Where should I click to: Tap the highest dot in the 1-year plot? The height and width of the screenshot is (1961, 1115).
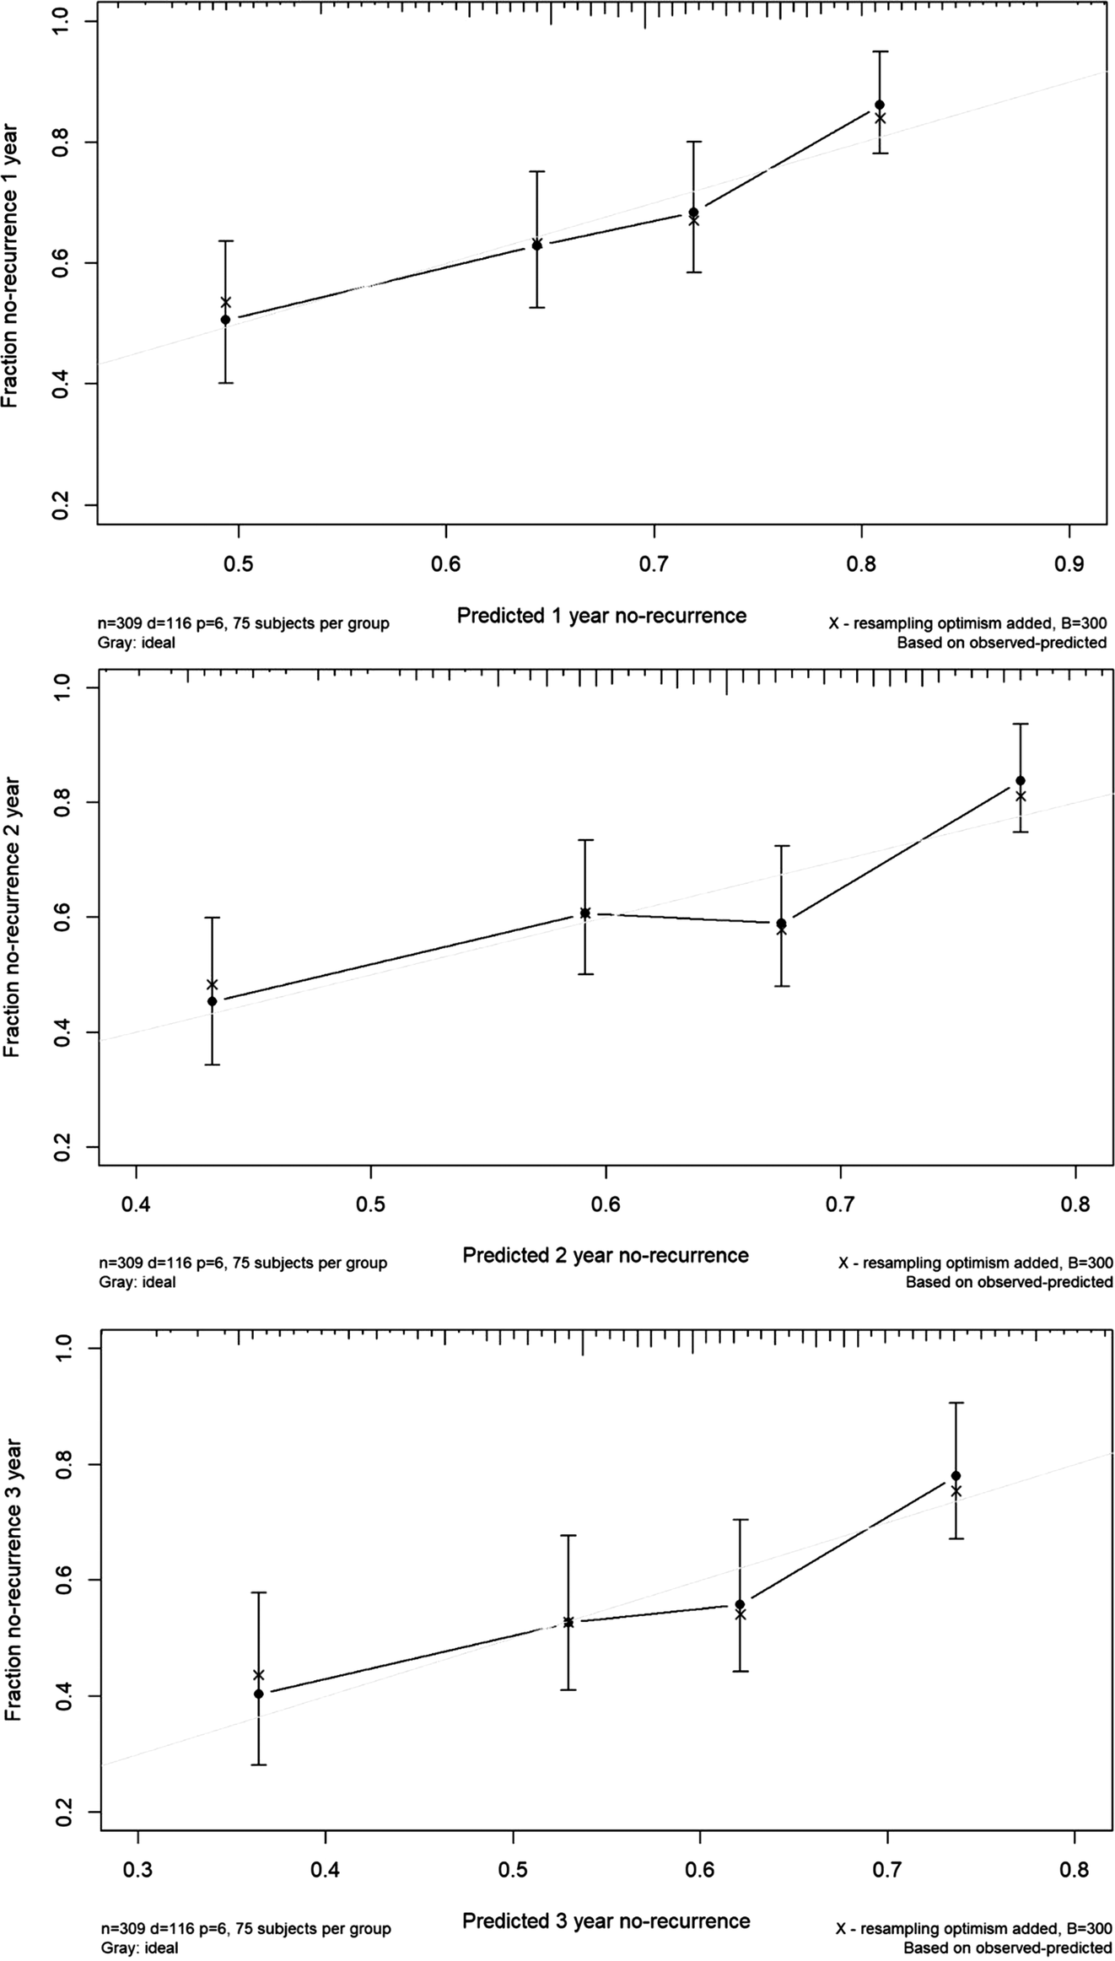pos(880,105)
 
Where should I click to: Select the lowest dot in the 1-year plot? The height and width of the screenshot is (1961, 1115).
pos(225,320)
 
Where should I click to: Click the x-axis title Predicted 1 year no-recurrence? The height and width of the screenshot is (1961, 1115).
pos(601,616)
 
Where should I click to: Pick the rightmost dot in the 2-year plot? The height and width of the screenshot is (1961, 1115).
pos(1021,780)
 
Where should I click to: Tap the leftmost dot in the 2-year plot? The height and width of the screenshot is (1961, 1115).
pos(213,1001)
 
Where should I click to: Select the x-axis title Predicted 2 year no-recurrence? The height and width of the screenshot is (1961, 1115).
pos(605,1256)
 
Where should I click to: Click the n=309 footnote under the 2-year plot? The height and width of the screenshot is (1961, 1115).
pos(243,1263)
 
